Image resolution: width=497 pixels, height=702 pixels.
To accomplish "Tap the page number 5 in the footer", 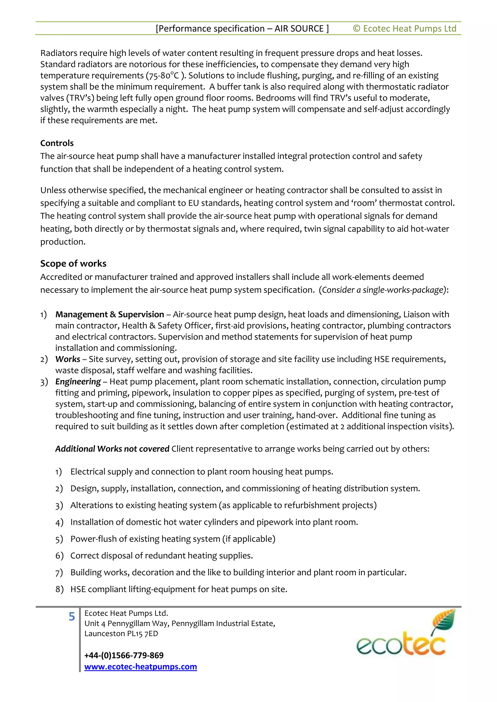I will [72, 617].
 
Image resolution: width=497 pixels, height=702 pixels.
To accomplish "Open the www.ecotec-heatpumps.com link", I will [141, 667].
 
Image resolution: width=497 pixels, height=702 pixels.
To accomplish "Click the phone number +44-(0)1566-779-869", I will [124, 655].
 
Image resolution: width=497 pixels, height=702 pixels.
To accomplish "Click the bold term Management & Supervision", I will [109, 314].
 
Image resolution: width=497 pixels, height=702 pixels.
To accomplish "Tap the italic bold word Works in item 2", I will [68, 359].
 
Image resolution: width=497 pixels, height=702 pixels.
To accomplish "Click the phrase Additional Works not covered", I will [112, 449].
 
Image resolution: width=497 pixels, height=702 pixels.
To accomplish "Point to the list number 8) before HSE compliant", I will [59, 589].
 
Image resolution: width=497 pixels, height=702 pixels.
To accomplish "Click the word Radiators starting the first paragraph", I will [58, 53].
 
